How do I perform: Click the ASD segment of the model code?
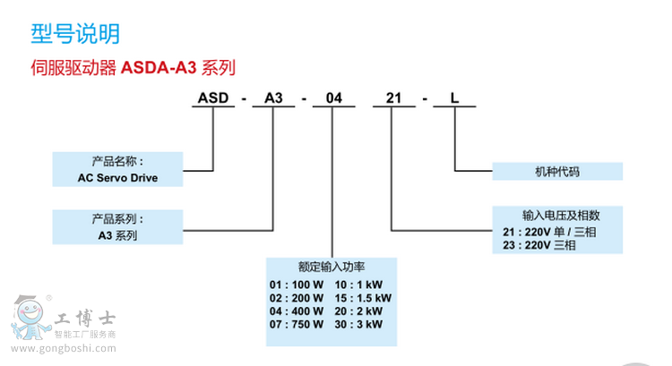(x=212, y=98)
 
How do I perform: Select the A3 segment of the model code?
(x=272, y=98)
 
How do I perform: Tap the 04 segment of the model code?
(x=332, y=98)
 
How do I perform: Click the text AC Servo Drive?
(x=117, y=177)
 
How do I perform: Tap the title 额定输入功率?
(x=332, y=266)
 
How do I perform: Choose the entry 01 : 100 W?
(x=295, y=284)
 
